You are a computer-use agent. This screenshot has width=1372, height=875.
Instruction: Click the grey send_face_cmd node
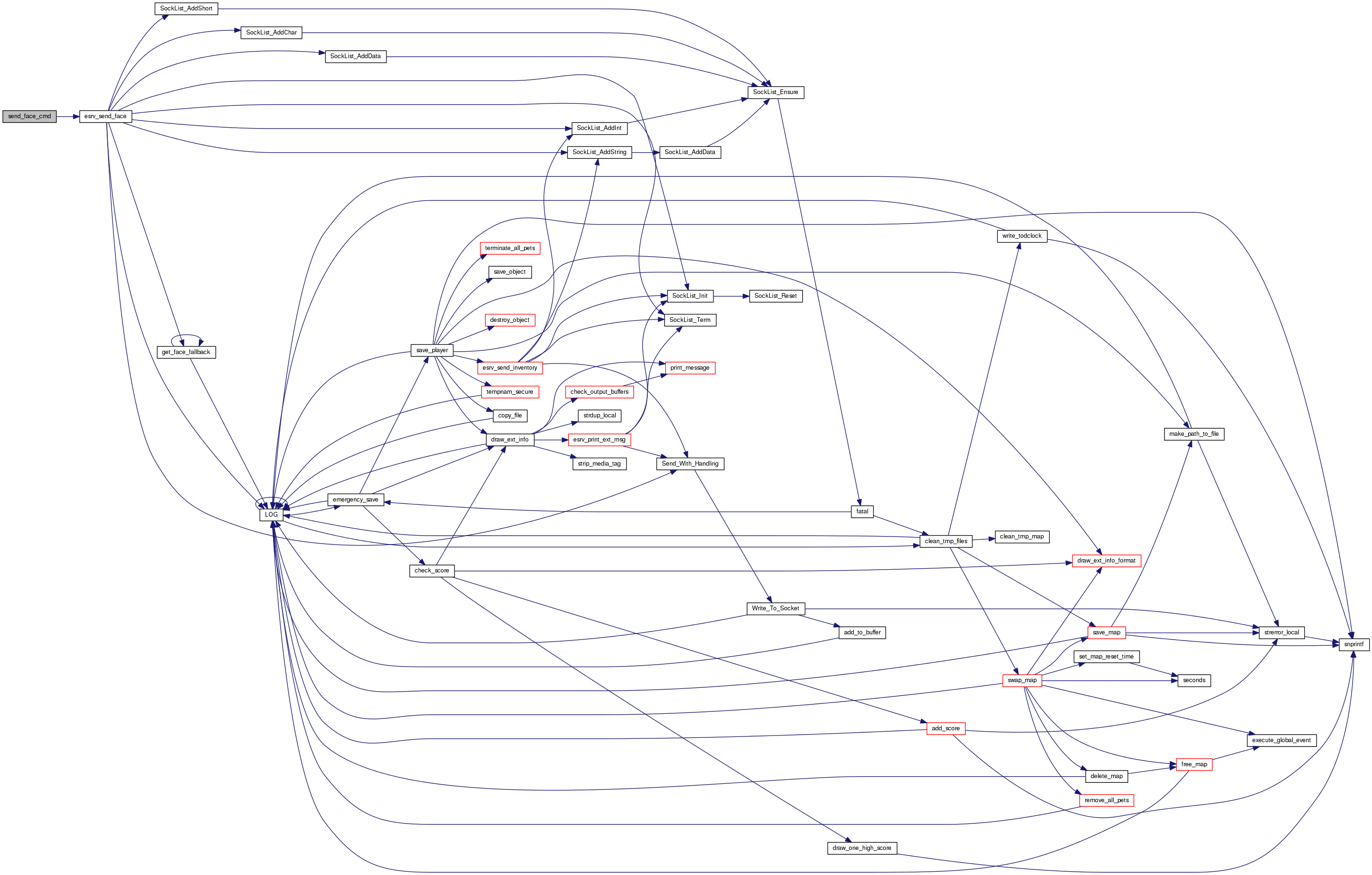point(30,116)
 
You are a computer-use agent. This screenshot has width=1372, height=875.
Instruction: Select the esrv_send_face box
point(105,116)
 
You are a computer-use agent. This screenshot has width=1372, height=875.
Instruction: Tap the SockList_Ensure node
point(775,92)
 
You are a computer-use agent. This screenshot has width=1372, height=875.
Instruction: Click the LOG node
point(271,515)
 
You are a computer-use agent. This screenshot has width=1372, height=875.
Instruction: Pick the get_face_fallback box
point(186,352)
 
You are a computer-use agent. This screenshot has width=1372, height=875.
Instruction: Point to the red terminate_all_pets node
point(509,249)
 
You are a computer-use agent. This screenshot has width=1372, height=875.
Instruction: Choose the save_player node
point(431,351)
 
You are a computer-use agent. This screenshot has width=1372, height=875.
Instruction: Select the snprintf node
point(1353,645)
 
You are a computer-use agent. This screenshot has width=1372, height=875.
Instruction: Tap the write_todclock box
point(1021,236)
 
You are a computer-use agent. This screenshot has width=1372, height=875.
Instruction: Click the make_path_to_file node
point(1194,434)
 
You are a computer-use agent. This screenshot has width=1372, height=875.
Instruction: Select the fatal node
point(862,512)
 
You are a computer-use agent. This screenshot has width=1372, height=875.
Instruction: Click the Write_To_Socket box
point(775,609)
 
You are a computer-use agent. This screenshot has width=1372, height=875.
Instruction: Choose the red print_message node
point(689,368)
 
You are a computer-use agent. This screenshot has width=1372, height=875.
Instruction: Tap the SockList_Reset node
point(775,296)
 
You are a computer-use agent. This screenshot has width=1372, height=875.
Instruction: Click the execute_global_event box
point(1281,740)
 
